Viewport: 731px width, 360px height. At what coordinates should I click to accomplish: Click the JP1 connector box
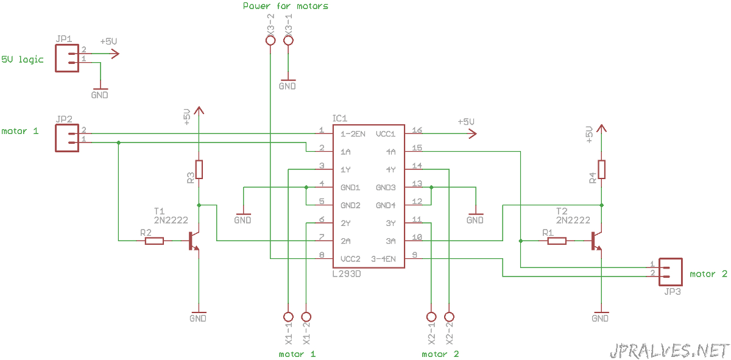56,58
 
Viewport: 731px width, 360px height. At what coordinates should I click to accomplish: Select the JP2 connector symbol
56,138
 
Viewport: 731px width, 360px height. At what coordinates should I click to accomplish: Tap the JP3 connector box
682,272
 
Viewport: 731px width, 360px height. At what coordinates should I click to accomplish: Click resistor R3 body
199,169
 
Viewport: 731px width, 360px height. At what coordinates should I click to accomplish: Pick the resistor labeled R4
601,169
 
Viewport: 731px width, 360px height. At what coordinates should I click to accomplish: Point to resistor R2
154,241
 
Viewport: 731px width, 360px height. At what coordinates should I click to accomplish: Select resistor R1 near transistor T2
557,241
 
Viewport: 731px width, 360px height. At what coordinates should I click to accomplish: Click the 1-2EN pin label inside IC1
353,134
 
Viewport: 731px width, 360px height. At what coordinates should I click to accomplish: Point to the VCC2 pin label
350,259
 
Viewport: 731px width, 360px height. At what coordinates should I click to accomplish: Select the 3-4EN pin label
383,259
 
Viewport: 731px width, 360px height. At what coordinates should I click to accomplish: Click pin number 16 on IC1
417,130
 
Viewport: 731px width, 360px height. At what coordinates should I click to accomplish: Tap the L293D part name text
347,274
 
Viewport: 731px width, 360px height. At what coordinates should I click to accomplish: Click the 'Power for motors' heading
286,6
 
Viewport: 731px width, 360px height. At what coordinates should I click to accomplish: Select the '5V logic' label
22,60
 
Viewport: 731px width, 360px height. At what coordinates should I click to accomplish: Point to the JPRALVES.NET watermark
669,351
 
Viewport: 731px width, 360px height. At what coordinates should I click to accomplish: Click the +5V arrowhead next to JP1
116,54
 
